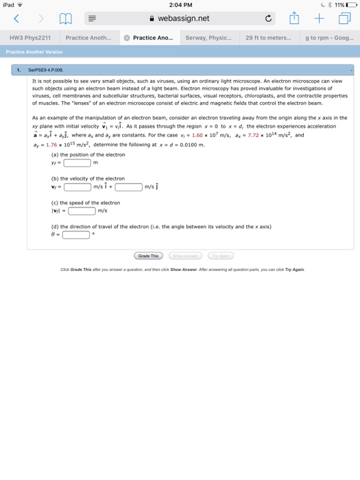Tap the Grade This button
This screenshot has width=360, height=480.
(x=148, y=256)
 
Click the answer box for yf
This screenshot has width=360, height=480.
(x=77, y=163)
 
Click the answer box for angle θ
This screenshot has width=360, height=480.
(x=77, y=235)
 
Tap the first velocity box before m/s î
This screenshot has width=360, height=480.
(x=77, y=187)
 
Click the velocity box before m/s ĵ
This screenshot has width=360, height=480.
(x=128, y=187)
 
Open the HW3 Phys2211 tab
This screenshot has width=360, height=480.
(x=29, y=38)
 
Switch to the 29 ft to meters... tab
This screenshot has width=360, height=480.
(x=269, y=38)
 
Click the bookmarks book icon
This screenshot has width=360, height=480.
(x=67, y=19)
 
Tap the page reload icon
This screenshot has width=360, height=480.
(x=268, y=19)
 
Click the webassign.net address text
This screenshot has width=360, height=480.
(x=183, y=19)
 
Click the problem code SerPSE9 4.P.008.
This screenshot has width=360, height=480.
(x=53, y=69)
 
